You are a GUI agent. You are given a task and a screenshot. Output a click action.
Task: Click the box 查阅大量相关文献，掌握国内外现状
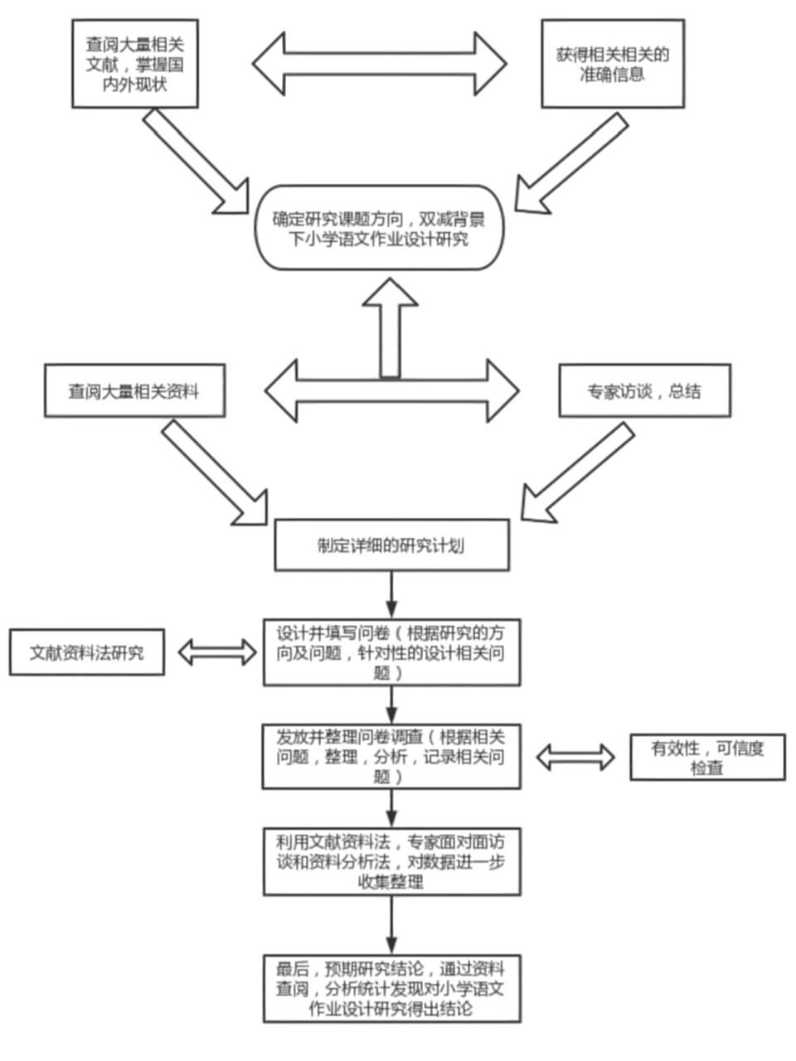[135, 64]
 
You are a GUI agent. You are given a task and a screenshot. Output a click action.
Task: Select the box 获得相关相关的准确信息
[613, 64]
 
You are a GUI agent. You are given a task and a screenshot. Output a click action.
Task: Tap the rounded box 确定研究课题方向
[379, 228]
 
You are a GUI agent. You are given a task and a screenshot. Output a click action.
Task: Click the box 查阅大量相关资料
[133, 390]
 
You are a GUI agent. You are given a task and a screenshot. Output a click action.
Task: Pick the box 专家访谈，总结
[644, 390]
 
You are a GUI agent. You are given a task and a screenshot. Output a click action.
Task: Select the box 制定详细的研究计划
[391, 545]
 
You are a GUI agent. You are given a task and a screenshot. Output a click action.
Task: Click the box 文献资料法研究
[86, 652]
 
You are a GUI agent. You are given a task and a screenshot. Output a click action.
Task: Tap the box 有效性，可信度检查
[706, 757]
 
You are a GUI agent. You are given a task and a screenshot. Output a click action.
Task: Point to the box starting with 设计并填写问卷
[391, 652]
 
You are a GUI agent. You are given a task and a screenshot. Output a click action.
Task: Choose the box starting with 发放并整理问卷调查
[391, 756]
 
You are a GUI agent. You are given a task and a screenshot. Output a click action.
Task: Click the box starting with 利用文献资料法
[391, 861]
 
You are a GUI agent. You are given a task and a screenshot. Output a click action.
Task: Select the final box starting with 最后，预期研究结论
[391, 988]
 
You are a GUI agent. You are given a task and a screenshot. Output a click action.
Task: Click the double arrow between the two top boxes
[379, 64]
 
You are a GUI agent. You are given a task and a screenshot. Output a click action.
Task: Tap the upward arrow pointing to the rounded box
[390, 327]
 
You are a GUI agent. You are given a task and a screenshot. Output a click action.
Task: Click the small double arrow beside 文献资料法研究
[217, 652]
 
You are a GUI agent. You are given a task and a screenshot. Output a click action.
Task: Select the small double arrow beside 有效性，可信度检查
[575, 756]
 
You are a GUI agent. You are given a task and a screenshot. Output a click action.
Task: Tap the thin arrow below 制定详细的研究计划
[391, 593]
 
